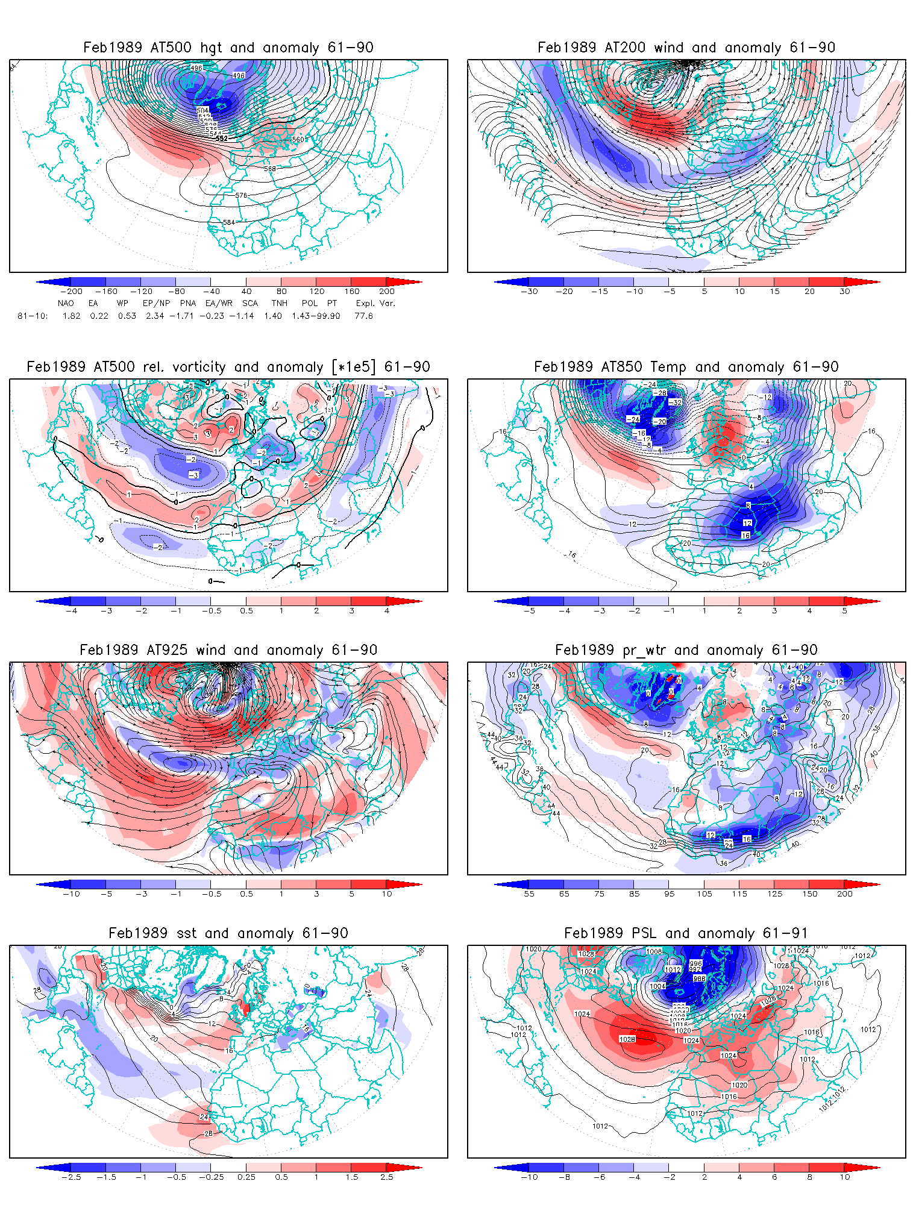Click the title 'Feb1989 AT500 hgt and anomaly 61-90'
coord(228,48)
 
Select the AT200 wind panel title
coord(686,48)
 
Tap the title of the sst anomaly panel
coord(228,933)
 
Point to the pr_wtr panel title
coord(686,650)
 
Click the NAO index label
coord(66,303)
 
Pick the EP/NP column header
coord(156,303)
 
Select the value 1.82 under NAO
coord(71,316)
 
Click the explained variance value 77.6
coord(363,316)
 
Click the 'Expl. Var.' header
coord(375,303)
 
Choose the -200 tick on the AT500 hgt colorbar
coord(71,292)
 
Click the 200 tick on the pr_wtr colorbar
coord(844,894)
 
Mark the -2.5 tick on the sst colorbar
coord(71,1177)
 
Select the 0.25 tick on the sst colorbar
coord(246,1177)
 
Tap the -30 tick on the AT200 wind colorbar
coord(529,292)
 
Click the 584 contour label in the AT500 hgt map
coord(229,222)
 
